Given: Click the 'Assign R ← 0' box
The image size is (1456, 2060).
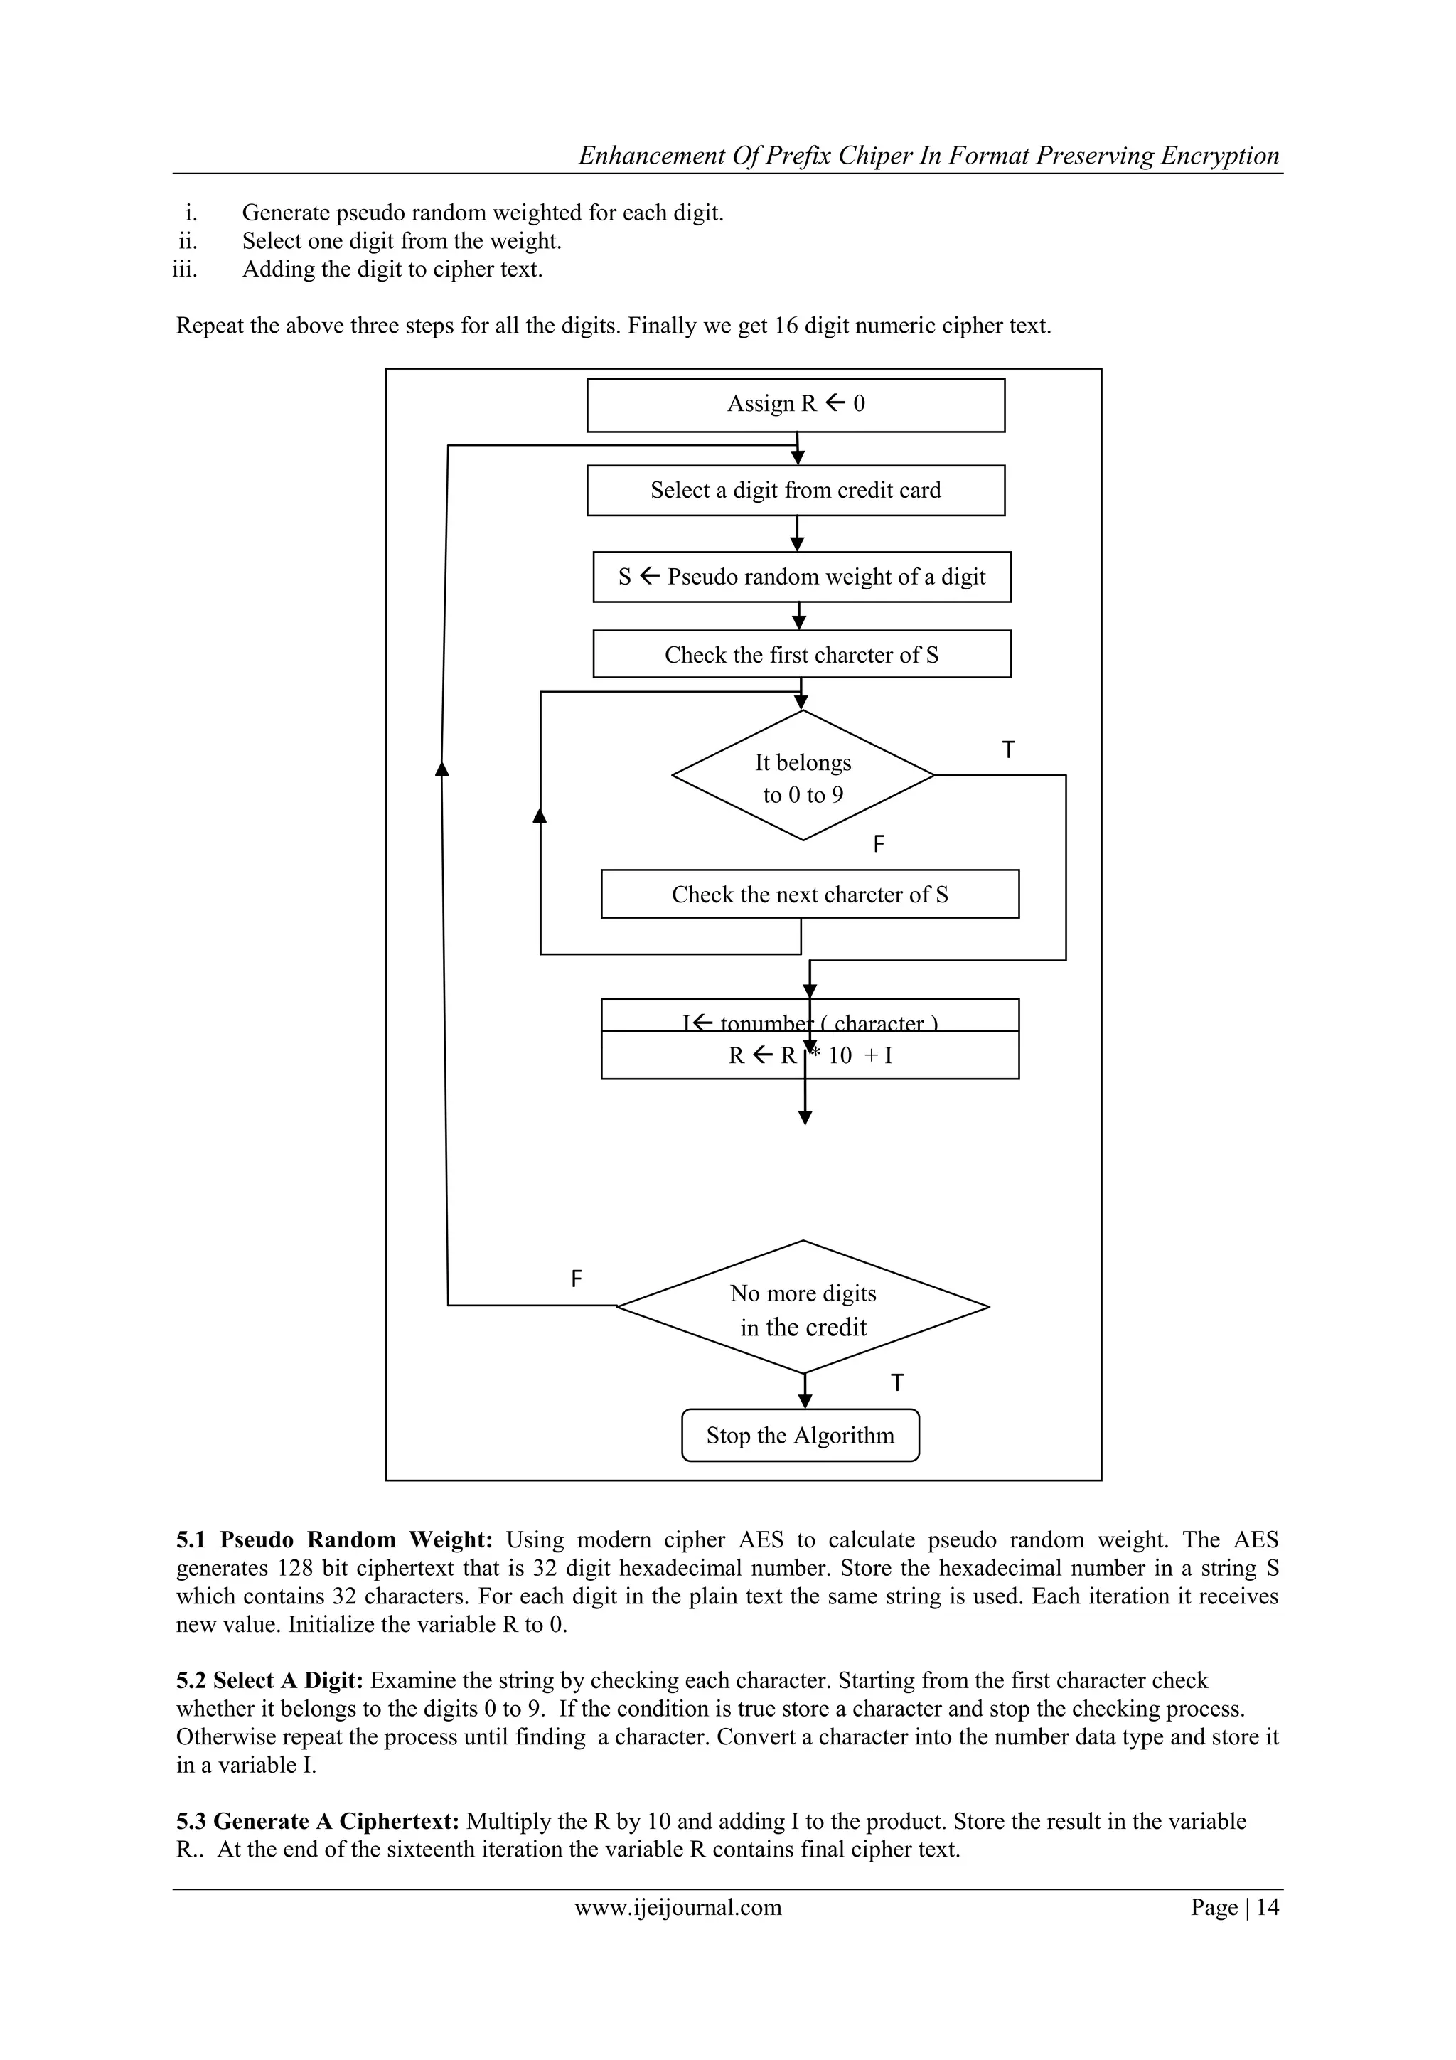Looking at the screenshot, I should pyautogui.click(x=796, y=405).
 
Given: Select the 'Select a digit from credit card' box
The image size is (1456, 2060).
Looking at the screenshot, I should pyautogui.click(x=796, y=490).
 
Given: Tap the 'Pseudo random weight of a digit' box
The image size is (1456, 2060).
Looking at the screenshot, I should pyautogui.click(x=801, y=577).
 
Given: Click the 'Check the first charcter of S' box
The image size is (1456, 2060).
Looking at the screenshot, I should pyautogui.click(x=801, y=654).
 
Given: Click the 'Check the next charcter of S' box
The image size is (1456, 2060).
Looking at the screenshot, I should pyautogui.click(x=809, y=894).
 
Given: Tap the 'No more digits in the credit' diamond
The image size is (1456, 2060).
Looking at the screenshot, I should pyautogui.click(x=803, y=1309).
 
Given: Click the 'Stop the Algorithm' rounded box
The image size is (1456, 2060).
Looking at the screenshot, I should pyautogui.click(x=801, y=1436).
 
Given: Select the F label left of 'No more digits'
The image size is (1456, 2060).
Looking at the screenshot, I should pyautogui.click(x=576, y=1279).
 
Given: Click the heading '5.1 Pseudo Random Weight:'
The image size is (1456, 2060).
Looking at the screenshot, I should pyautogui.click(x=333, y=1539).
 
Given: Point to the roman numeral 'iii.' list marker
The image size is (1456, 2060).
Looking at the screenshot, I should pyautogui.click(x=185, y=269).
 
